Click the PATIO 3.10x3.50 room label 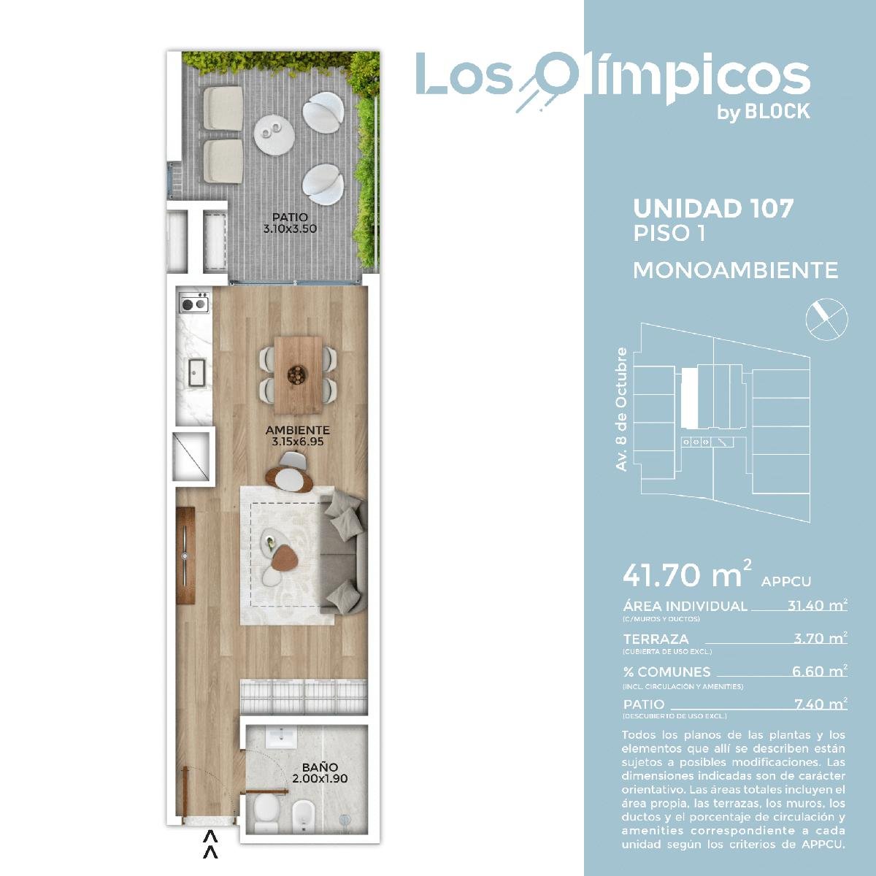[290, 223]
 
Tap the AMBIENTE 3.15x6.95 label [297, 436]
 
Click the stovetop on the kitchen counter [194, 302]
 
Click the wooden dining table [299, 375]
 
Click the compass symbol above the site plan [826, 320]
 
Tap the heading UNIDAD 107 [713, 208]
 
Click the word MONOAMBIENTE [735, 271]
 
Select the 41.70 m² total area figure [687, 575]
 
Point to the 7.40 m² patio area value [821, 704]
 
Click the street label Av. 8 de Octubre [621, 409]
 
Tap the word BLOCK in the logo [777, 112]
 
